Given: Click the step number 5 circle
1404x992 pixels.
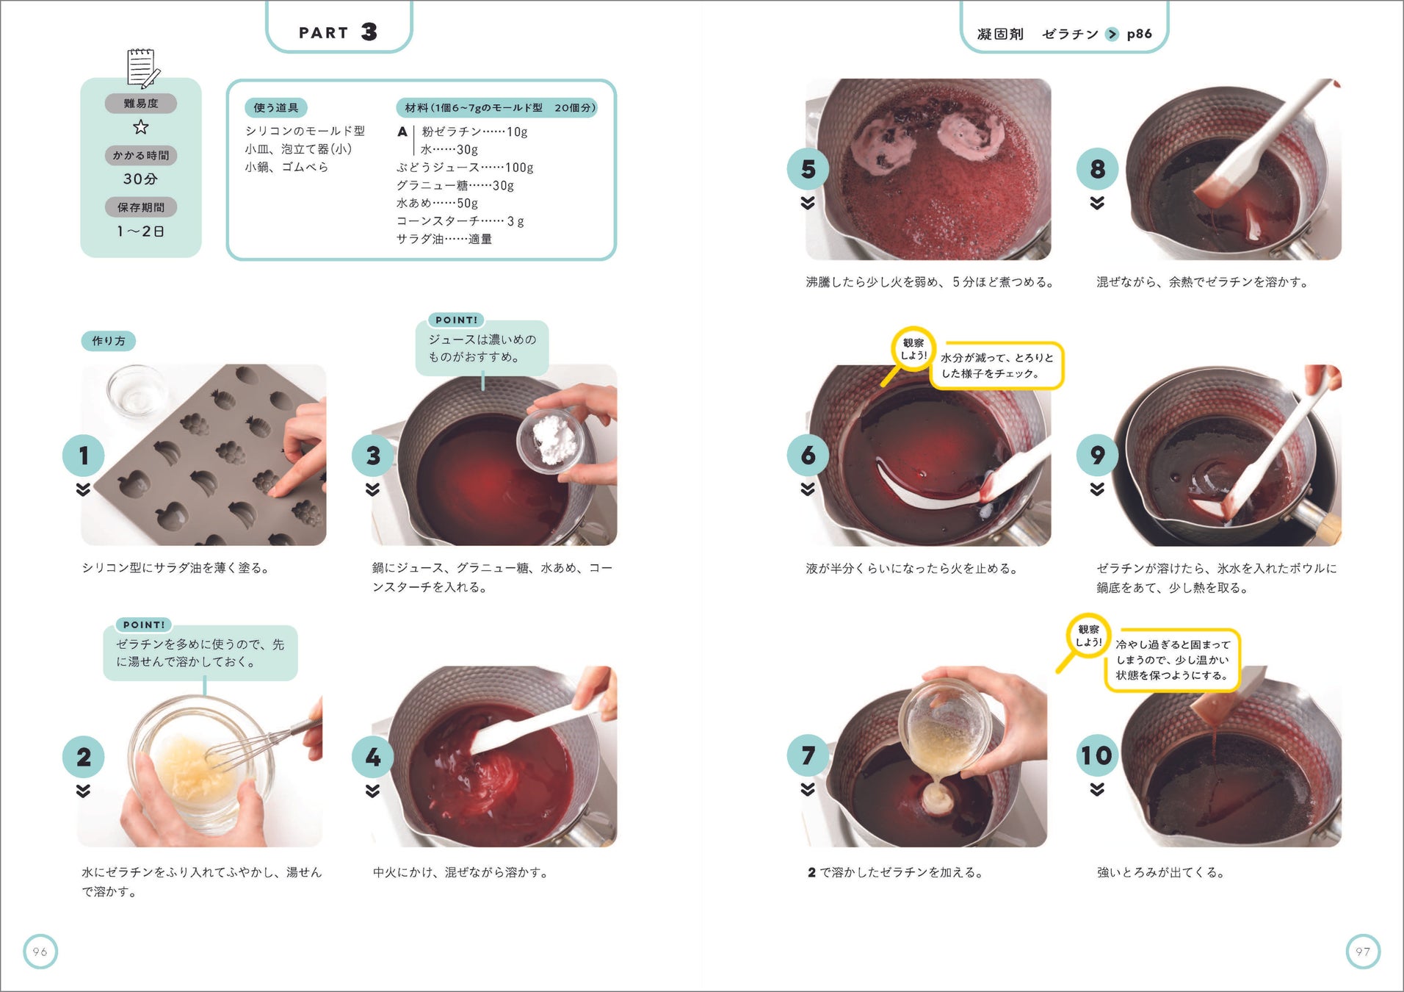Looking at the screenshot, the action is [808, 169].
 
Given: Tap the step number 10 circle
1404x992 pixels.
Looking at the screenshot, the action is [1096, 755].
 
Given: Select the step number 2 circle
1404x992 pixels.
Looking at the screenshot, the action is [84, 757].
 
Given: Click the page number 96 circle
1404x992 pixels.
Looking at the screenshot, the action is [40, 952].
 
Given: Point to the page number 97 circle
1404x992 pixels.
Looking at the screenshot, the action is [1363, 952].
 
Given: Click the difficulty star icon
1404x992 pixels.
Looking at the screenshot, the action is [141, 127].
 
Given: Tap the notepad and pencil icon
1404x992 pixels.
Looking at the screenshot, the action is [142, 68].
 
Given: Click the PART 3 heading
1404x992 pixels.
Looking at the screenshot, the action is [338, 32].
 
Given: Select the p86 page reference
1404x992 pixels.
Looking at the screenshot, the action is [1139, 34].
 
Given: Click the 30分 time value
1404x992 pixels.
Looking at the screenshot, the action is [140, 179].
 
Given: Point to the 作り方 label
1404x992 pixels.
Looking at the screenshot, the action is [109, 341].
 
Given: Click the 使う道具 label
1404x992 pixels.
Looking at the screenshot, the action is [276, 108].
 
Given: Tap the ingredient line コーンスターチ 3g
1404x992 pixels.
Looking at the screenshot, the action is [460, 221].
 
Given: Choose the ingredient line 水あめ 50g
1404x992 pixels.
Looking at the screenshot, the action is [437, 203].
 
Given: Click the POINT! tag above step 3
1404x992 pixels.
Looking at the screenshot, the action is [456, 320].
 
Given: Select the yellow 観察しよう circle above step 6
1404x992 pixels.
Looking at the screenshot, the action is [913, 348].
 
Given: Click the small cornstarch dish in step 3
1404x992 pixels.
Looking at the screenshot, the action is [551, 441].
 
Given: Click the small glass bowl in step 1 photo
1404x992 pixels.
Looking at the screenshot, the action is [137, 389].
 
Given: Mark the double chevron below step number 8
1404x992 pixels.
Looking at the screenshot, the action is [1097, 203].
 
